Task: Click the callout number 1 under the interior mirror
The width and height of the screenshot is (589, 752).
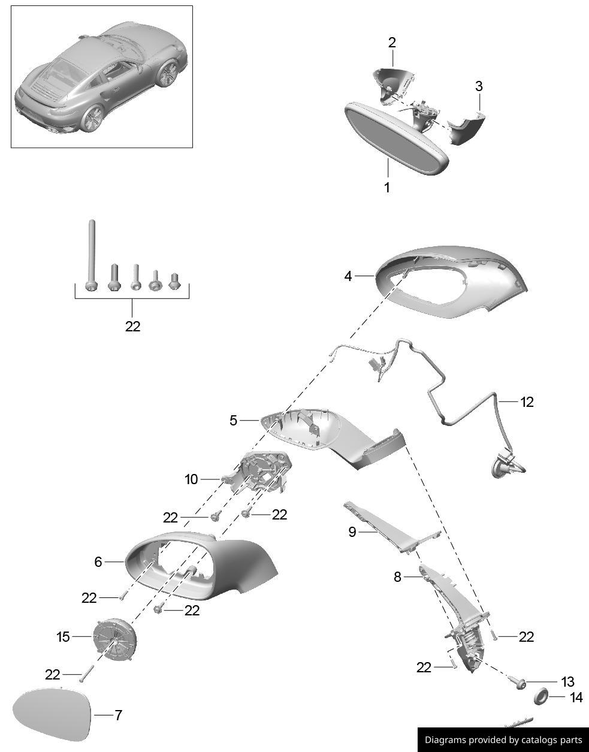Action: pos(387,188)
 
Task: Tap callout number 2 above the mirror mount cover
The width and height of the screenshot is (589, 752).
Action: pos(392,43)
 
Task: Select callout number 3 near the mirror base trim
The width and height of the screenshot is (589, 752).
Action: pos(479,86)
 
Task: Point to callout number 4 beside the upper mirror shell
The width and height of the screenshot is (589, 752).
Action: pos(348,276)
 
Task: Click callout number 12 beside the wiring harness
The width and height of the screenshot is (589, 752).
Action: pos(527,401)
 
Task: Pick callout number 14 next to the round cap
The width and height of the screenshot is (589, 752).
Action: pos(576,697)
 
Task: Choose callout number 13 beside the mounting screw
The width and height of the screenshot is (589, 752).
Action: pos(567,682)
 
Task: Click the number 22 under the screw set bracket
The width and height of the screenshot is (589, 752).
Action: pos(132,327)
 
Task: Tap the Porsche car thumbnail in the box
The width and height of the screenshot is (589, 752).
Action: pos(101,77)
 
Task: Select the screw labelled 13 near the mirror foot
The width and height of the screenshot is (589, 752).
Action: pos(519,682)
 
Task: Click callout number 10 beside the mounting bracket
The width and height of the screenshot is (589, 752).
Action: pos(191,479)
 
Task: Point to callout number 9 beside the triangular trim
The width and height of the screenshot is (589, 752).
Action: pos(352,531)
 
